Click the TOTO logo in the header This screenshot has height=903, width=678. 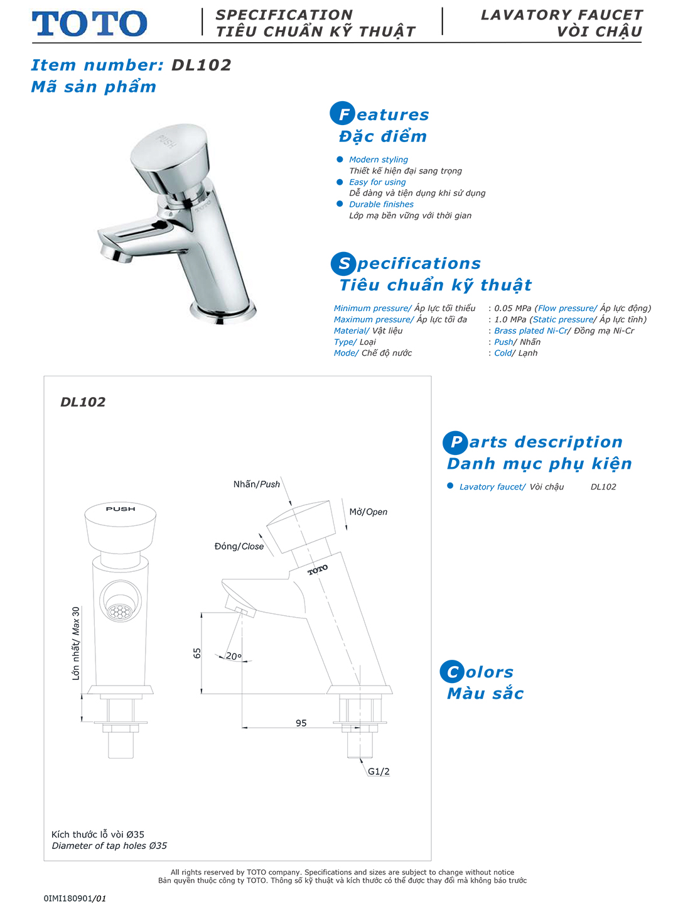[x=89, y=24]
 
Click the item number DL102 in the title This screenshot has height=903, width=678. [x=202, y=65]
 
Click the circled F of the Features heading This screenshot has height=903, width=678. [x=343, y=114]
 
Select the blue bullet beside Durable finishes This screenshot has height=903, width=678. [x=340, y=204]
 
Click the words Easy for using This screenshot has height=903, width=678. [x=377, y=182]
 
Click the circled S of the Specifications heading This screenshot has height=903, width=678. [x=343, y=263]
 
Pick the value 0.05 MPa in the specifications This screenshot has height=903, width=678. [x=513, y=309]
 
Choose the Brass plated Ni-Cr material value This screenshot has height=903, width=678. [x=530, y=331]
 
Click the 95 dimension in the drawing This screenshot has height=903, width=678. [x=301, y=723]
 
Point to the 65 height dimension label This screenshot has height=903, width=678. [x=197, y=653]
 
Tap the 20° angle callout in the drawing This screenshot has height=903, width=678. [x=234, y=656]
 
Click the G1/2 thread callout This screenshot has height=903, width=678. [x=379, y=772]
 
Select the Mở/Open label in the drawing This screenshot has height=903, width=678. [x=369, y=512]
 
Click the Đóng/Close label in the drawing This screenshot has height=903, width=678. [x=239, y=547]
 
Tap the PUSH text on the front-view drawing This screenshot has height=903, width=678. [x=121, y=509]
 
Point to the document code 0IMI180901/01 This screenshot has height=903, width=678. [x=75, y=899]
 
